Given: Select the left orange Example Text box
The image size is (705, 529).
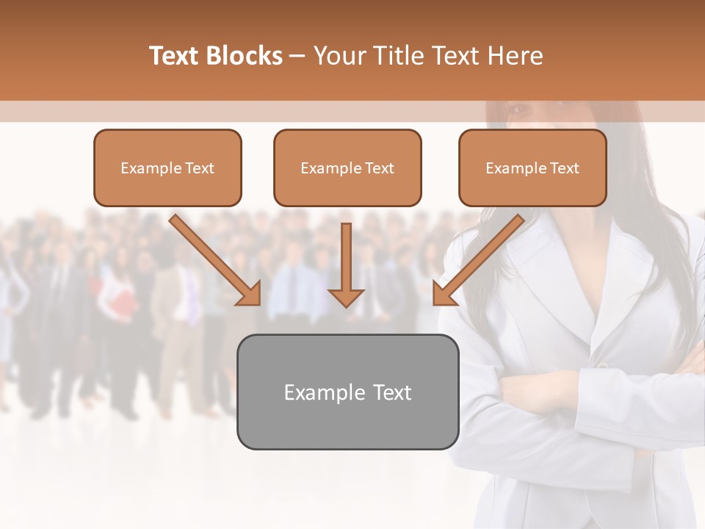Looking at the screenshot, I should (167, 168).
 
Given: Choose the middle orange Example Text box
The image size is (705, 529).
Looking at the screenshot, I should (347, 168).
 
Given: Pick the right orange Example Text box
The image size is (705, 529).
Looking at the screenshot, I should (532, 168).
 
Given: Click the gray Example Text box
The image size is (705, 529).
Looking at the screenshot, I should (347, 392).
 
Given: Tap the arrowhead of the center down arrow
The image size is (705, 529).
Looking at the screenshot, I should (346, 297).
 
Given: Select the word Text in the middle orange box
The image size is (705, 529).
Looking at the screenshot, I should (380, 168).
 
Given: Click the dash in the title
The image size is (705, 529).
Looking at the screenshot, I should (297, 57).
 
